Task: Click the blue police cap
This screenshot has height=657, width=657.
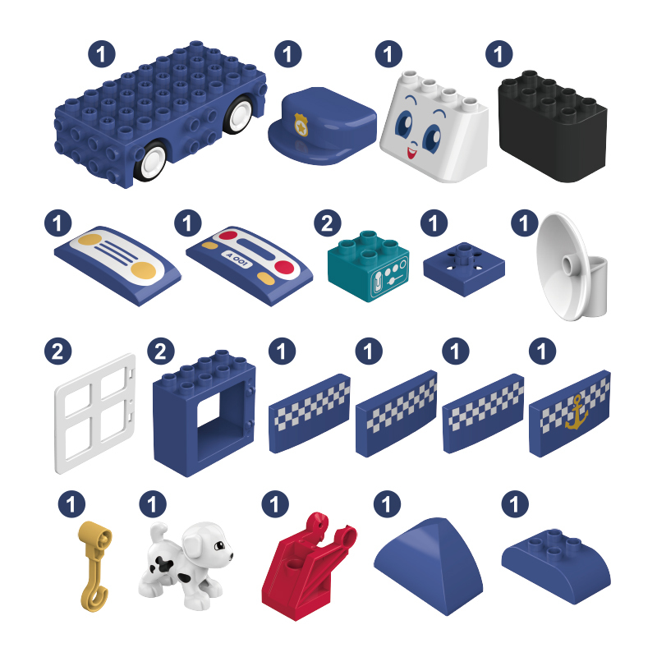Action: pos(322,126)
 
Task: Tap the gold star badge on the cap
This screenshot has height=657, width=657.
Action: pos(301,125)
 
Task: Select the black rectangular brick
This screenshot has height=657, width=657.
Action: pos(552,126)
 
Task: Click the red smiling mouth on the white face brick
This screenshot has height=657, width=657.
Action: pos(412,152)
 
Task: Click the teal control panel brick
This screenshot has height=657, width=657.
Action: pos(368,265)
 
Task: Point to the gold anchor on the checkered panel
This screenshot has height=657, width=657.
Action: pos(577,412)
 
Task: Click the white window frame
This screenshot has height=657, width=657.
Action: pos(95,414)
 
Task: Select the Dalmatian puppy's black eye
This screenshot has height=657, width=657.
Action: pos(219,545)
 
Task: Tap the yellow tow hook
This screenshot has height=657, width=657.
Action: pos(95,566)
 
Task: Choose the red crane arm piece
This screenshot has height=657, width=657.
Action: pos(308,566)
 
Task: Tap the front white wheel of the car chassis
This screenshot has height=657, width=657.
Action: pos(150,162)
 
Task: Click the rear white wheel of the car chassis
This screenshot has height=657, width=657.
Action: pos(238,113)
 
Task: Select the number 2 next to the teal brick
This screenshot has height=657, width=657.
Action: pos(328,223)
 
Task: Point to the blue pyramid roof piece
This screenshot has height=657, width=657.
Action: pos(428,566)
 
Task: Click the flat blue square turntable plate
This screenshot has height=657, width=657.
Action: pos(464,269)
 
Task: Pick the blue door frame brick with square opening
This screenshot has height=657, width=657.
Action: pos(204,413)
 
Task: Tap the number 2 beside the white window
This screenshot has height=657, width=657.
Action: pos(57,351)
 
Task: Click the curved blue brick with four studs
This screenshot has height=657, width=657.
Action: pos(556,566)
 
